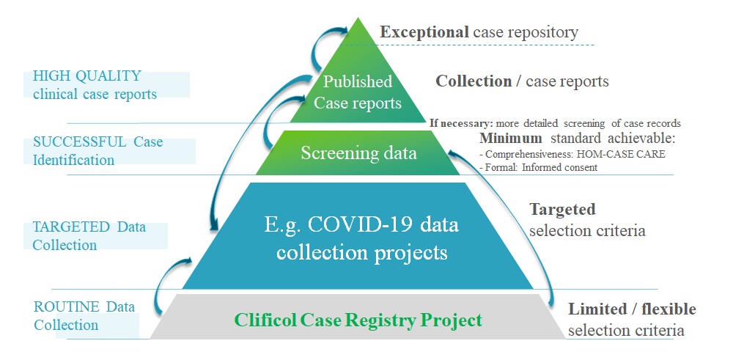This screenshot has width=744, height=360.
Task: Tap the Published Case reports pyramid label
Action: coord(358,92)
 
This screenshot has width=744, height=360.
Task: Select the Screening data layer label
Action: coord(358,153)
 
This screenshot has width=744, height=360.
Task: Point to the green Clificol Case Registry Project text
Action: coord(358,320)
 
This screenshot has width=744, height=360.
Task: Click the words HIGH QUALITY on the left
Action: coord(86,76)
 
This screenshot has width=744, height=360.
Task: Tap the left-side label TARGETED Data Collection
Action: coord(89,235)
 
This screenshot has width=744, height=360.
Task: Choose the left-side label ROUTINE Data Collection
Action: coord(84,315)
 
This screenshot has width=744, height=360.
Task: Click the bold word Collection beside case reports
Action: coord(474,81)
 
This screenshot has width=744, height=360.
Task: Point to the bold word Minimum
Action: coord(511,138)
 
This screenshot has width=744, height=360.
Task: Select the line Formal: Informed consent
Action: coord(538,167)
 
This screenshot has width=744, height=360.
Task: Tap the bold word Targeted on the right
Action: coord(562,210)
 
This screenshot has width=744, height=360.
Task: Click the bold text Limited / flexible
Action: coord(632,309)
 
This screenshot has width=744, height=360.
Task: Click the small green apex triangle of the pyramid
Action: coord(358,40)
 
